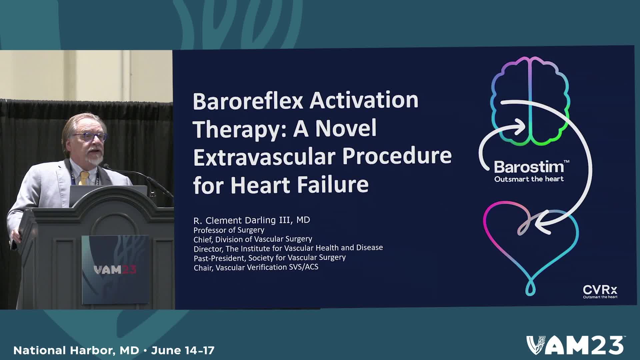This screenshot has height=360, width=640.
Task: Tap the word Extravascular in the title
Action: coord(265,157)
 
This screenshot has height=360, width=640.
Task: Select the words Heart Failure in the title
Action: coord(299,185)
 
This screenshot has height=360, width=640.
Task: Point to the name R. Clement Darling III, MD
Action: coord(252,220)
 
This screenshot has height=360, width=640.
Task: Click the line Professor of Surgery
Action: coord(229,230)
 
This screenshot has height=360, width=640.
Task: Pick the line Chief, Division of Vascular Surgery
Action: coord(253,239)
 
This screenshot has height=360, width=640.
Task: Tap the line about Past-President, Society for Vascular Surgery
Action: coord(270,258)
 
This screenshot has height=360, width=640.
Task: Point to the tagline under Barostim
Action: coord(529,179)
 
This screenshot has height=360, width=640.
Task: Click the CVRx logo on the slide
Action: coord(600,291)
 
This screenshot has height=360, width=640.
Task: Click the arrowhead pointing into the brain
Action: coord(519,127)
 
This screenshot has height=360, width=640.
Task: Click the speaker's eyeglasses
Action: coord(90,136)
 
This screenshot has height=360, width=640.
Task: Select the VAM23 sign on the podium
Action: coord(115,270)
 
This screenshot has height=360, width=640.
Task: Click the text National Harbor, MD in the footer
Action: coord(76,350)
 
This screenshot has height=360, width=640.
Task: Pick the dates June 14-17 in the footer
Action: coord(183,350)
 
